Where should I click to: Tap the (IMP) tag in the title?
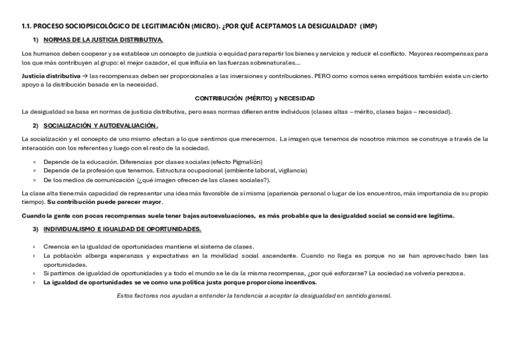[368, 26]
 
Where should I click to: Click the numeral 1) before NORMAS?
[35, 40]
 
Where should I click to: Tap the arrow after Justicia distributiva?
[84, 76]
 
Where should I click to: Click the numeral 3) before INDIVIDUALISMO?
[35, 229]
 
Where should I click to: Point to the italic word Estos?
[124, 295]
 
